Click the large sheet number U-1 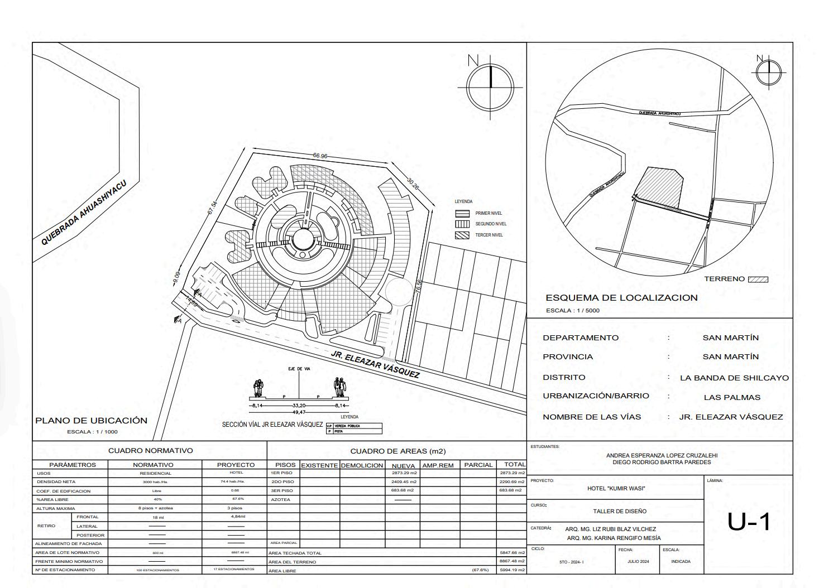[749, 522]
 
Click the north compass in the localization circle [769, 73]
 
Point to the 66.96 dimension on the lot [320, 156]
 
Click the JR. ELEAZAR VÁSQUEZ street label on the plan [375, 364]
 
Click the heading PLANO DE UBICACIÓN [91, 421]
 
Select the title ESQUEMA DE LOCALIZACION [621, 298]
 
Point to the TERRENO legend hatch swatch [758, 279]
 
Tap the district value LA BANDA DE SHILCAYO [734, 378]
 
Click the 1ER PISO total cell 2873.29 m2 [512, 473]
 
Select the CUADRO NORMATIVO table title [150, 451]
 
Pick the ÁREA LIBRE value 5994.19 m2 [512, 570]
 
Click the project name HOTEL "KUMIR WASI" [616, 489]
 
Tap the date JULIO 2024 [638, 562]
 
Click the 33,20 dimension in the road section [299, 406]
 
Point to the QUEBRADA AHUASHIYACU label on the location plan [84, 213]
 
